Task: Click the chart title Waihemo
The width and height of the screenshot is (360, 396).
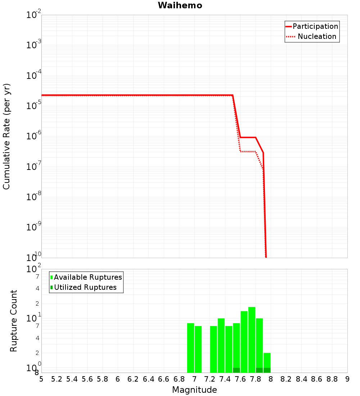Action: pos(180,5)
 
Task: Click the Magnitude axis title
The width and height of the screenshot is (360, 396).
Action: pos(194,390)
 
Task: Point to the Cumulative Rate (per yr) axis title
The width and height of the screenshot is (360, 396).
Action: pos(6,136)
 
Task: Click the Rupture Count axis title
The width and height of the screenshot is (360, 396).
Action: pos(14,320)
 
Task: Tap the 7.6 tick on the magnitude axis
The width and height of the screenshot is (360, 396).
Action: pos(240,379)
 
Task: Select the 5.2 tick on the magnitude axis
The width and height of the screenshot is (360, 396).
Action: pos(57,379)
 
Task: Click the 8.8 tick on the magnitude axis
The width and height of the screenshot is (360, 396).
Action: pos(332,379)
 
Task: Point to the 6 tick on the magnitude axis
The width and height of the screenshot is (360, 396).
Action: pos(118,379)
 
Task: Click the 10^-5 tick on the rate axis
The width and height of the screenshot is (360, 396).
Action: pos(33,105)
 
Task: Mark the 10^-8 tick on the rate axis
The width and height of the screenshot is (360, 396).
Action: pos(33,197)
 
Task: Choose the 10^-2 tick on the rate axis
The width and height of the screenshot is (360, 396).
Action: pos(33,15)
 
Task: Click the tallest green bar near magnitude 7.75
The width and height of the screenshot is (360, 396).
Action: pos(252,338)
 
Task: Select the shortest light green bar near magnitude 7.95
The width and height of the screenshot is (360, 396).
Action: pos(267,360)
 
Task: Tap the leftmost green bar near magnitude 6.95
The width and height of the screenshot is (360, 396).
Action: pos(190,347)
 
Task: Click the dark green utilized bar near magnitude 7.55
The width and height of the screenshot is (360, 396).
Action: pos(237,370)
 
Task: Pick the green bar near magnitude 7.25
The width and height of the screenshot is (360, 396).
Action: pos(213,349)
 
